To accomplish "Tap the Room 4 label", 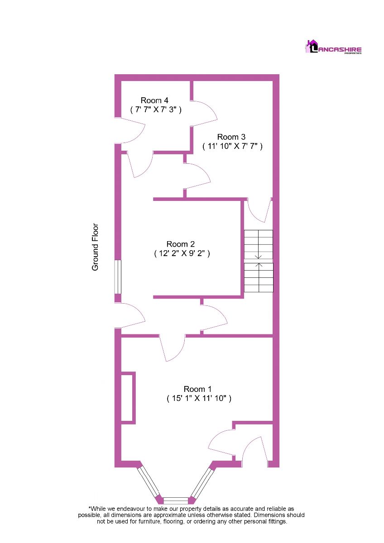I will pos(155,100).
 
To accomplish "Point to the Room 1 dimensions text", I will pos(199,399).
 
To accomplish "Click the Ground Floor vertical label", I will pos(95,247).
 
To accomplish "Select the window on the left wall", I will pos(117,276).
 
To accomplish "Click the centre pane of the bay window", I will pos(175,500).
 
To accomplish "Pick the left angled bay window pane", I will pos(149,481).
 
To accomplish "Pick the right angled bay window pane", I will pos(202,481).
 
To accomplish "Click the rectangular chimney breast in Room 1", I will pos(128,398).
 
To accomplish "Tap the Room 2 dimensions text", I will pos(182,254).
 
